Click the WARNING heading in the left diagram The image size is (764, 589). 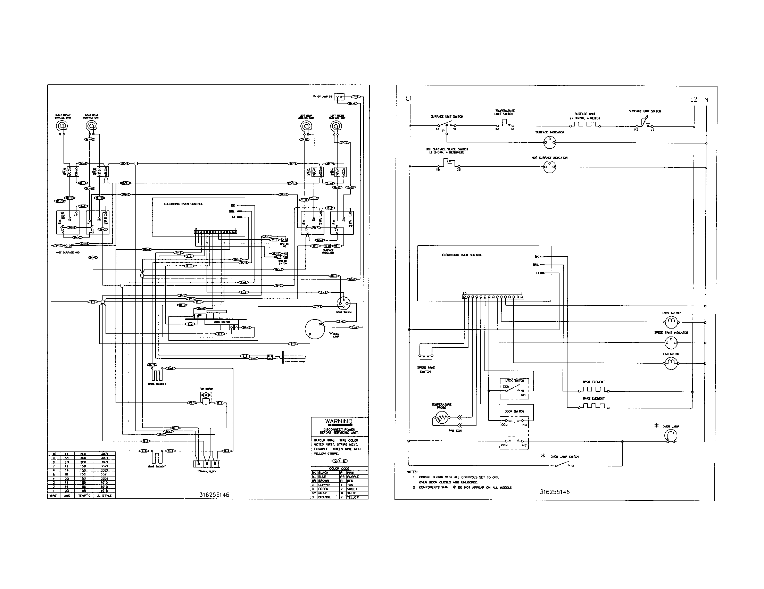click(339, 422)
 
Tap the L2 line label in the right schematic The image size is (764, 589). click(694, 100)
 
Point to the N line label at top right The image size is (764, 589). click(706, 100)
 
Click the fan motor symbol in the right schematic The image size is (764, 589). click(671, 364)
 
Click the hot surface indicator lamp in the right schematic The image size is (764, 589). click(550, 167)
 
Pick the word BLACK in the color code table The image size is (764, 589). click(323, 473)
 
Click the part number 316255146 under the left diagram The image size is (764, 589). click(214, 495)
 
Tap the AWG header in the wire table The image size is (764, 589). click(66, 496)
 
